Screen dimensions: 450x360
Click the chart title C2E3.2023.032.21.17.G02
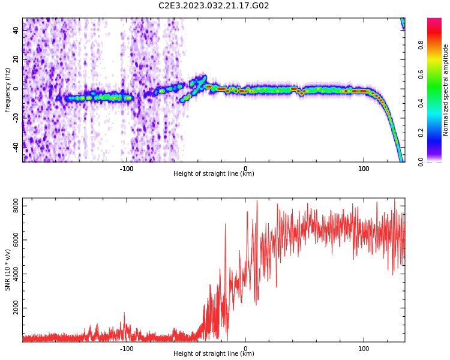click(214, 5)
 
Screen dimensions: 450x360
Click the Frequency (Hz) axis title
click(7, 90)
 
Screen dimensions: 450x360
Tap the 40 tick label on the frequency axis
click(16, 30)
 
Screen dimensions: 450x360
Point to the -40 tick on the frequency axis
click(16, 148)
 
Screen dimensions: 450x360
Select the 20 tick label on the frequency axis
click(16, 59)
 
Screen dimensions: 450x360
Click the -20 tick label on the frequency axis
click(16, 118)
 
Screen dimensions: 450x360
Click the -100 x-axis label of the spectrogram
click(127, 169)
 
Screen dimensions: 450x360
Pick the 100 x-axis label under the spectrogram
click(364, 169)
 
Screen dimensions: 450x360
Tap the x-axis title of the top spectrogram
click(214, 173)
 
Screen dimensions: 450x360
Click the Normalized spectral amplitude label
click(445, 90)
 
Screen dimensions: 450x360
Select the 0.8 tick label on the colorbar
click(421, 45)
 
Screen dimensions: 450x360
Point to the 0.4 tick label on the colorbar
click(421, 103)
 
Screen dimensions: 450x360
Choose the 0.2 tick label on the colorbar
click(421, 133)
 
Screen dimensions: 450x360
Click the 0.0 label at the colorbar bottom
click(421, 162)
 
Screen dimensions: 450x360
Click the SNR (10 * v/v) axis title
click(7, 270)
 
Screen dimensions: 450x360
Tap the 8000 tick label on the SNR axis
click(16, 206)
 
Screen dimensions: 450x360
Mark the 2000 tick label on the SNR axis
click(16, 308)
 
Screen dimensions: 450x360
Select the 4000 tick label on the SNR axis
click(16, 274)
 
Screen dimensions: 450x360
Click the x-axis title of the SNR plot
click(214, 353)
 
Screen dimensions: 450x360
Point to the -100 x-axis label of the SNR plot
click(127, 349)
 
